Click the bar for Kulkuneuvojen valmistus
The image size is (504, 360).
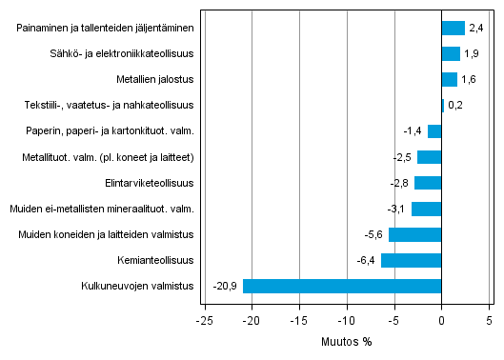(342, 286)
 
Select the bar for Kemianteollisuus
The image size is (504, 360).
(411, 260)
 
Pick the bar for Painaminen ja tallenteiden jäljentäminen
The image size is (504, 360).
(453, 29)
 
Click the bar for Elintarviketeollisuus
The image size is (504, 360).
(428, 183)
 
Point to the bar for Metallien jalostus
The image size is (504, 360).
(449, 80)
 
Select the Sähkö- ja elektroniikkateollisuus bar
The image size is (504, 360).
(451, 54)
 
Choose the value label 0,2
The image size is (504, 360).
(454, 106)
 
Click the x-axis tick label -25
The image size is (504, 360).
(204, 320)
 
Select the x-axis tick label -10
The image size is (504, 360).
(346, 320)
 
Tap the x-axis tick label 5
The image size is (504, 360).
(489, 320)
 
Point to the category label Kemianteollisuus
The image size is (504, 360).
(152, 260)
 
